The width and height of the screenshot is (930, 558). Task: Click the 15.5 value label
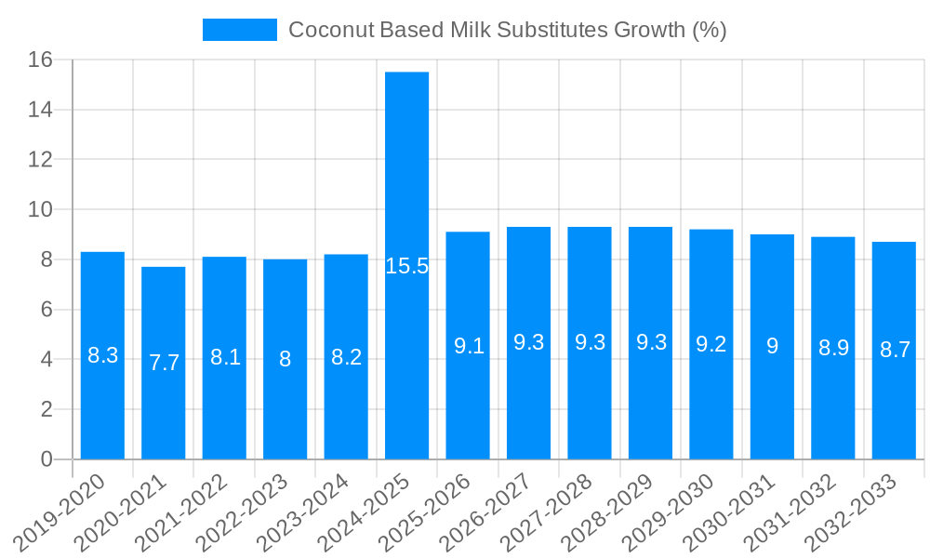click(406, 267)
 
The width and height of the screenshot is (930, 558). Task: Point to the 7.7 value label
click(164, 363)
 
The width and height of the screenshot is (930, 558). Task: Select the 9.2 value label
click(711, 344)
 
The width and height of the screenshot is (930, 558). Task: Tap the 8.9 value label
click(833, 348)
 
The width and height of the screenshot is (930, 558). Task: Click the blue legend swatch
click(240, 30)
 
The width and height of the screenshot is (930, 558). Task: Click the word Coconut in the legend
click(330, 30)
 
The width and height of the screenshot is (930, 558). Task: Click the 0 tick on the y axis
click(47, 459)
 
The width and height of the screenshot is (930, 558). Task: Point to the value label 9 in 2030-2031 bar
click(772, 346)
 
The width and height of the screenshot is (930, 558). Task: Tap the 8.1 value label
click(225, 357)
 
